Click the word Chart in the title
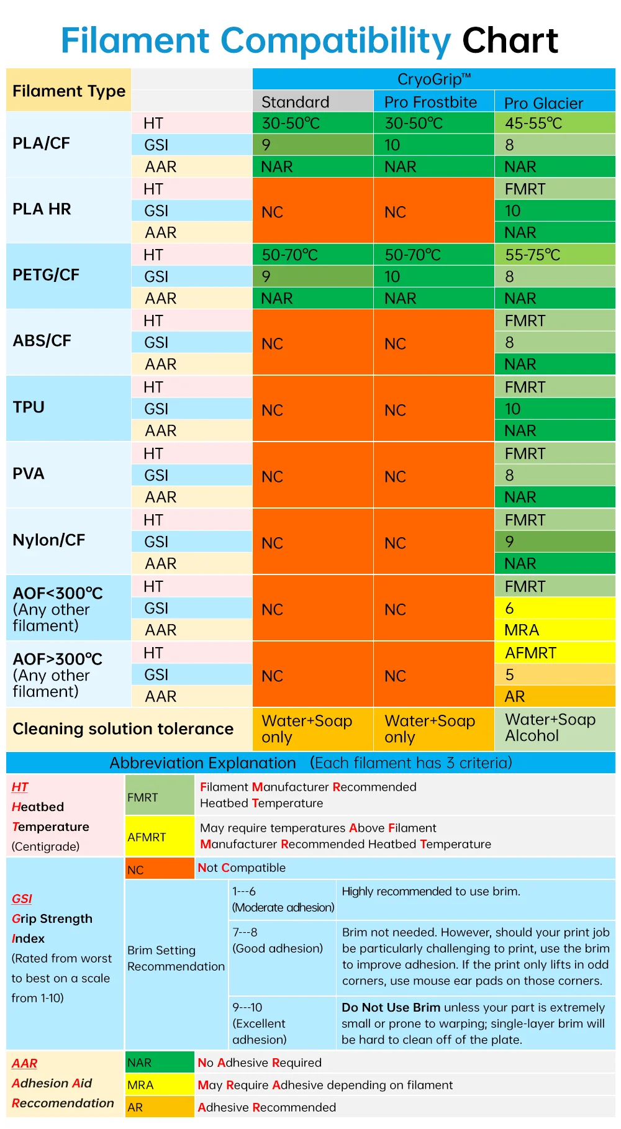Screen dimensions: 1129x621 coord(510,41)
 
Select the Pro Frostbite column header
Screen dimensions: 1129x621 coord(430,102)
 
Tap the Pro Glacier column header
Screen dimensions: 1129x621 coord(543,103)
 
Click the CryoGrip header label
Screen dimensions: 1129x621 coord(433,79)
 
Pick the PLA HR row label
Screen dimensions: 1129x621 coord(42,209)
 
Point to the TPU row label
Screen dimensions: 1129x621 coord(29,407)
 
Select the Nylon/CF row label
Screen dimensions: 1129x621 coord(48,540)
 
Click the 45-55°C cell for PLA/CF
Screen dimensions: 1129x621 coord(533,123)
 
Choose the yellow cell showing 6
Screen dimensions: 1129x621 coord(555,608)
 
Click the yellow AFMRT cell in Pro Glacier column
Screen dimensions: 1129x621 coord(555,653)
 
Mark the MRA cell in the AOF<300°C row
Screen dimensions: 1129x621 coord(555,630)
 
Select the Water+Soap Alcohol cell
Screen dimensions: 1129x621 coord(550,728)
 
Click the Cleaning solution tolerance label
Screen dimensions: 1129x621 coord(123,728)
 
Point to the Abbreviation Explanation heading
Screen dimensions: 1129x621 coord(202,763)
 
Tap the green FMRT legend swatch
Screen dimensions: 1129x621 coord(160,797)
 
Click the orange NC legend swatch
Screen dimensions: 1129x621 coord(160,869)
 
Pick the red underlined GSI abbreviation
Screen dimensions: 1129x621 coord(22,899)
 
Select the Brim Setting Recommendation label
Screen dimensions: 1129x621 coord(176,958)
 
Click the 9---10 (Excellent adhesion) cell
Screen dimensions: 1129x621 coord(259,1023)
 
